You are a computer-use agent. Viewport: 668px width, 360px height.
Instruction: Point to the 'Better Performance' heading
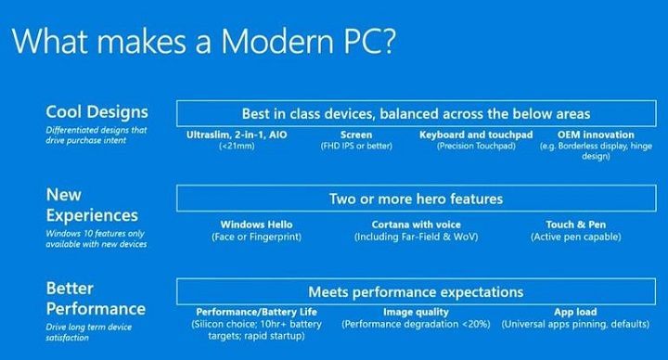click(96, 298)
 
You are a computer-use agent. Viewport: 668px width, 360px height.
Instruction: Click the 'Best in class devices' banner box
click(416, 114)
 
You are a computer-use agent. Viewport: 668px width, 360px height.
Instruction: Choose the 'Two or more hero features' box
click(416, 199)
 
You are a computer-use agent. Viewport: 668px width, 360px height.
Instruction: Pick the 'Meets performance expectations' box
click(416, 291)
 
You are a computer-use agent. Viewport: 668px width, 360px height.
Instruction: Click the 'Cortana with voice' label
click(415, 225)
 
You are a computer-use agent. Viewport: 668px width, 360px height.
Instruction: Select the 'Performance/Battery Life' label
click(256, 313)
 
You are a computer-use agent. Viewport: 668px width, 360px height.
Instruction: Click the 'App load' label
click(576, 313)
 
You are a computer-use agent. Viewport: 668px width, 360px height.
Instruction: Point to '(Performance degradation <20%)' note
click(415, 325)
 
